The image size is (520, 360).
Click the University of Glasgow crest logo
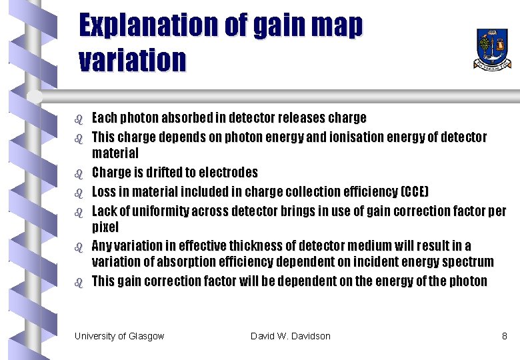pos(493,48)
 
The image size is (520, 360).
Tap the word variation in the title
pos(132,60)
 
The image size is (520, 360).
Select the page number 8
pos(505,336)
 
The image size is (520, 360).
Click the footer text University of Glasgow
pos(119,336)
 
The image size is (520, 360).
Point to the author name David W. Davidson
pos(290,336)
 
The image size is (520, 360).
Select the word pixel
pos(105,227)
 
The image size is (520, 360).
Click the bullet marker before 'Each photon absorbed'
pos(78,119)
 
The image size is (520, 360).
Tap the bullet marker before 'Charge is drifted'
pos(78,173)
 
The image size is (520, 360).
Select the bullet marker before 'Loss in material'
pos(78,193)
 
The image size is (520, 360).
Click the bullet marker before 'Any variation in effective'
pos(78,247)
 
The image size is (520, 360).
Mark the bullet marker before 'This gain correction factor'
pos(78,282)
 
